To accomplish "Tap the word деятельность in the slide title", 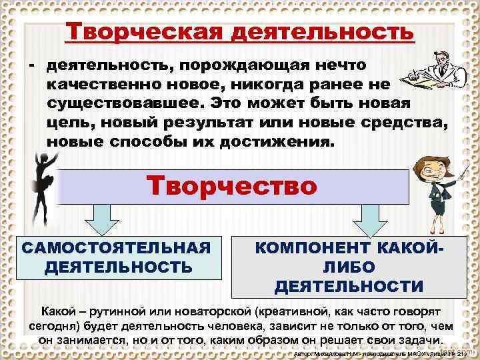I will (x=323, y=31).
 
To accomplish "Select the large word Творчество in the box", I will (x=233, y=185).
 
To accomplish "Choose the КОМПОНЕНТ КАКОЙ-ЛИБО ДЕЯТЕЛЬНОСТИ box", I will (x=348, y=267).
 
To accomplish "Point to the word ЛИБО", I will (x=349, y=267).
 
